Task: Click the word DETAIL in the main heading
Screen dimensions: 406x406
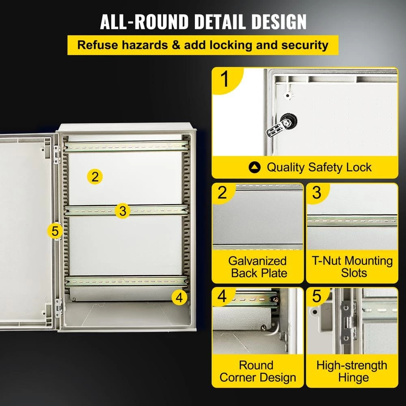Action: (220, 22)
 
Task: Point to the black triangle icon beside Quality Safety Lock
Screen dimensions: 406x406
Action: (254, 168)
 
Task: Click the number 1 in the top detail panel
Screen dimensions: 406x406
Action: (225, 79)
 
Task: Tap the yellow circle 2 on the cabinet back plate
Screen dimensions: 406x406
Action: (95, 177)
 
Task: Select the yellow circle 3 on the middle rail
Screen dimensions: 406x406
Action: (123, 210)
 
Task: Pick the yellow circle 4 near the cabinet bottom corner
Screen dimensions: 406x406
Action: (179, 298)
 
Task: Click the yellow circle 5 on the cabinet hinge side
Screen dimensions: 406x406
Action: (55, 231)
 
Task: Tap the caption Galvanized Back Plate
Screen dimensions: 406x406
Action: (258, 267)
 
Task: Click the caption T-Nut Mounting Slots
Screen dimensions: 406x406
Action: (352, 267)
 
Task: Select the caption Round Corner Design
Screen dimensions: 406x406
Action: (258, 371)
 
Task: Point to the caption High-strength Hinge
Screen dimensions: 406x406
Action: (352, 371)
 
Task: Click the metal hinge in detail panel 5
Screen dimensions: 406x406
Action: (348, 322)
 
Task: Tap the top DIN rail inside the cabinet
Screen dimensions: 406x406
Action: (127, 147)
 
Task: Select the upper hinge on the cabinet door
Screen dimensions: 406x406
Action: (57, 155)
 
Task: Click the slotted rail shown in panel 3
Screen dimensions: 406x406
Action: (352, 221)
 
